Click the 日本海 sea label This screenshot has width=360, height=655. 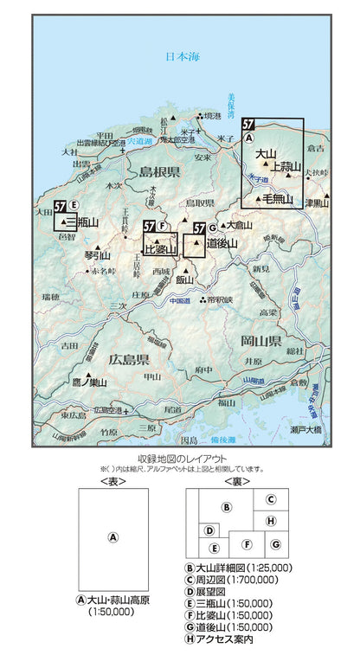tap(183, 57)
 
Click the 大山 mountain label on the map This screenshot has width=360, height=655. tap(264, 154)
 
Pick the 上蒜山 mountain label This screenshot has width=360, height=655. tap(286, 166)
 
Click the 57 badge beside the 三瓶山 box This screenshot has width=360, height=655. tap(61, 206)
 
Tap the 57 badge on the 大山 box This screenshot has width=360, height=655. tap(248, 124)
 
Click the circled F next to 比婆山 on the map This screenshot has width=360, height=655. tap(163, 226)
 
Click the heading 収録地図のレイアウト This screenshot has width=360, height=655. tap(181, 459)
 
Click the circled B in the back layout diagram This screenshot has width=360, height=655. tap(226, 507)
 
